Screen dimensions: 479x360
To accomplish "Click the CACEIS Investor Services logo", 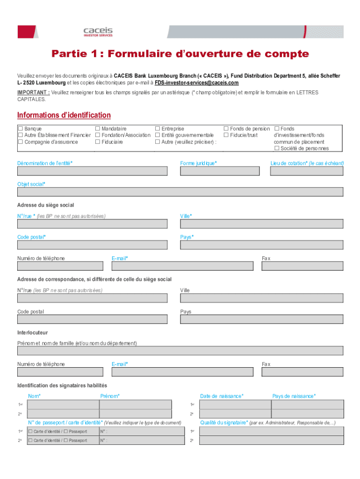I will click(98, 32).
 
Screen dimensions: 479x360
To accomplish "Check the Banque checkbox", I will click(20, 129).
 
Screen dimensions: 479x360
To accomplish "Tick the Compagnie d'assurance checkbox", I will click(20, 142).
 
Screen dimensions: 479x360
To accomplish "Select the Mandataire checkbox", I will click(98, 129).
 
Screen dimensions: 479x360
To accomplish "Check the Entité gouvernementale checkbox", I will click(158, 135).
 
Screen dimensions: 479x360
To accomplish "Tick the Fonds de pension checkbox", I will click(226, 129).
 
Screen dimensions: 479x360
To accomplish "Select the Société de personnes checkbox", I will click(277, 148).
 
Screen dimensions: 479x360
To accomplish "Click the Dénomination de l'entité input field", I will click(92, 171).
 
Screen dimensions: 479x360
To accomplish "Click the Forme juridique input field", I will click(220, 171).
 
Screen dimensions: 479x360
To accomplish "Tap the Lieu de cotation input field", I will click(307, 171).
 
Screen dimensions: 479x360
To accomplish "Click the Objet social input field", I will click(180, 192).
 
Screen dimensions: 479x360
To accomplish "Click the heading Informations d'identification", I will click(64, 115).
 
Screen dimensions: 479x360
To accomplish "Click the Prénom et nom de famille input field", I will click(180, 351).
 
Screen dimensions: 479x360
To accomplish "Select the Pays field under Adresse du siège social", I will click(261, 245).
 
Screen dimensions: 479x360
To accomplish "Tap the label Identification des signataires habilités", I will click(62, 385).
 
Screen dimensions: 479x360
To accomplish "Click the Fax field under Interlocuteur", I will click(302, 372).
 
